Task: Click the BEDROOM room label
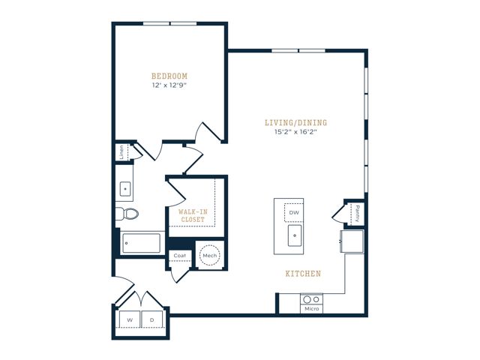(169, 76)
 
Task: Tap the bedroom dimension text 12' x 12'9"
(169, 85)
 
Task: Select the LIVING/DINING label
(295, 123)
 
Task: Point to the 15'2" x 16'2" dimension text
(295, 132)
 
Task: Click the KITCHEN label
(303, 273)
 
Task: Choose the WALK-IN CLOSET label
(193, 215)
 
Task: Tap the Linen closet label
(121, 152)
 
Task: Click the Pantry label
(357, 214)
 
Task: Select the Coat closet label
(180, 255)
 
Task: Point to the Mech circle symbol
(210, 255)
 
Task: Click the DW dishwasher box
(294, 212)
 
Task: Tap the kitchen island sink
(295, 235)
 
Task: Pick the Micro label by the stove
(312, 308)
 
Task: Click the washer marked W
(130, 319)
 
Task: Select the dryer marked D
(151, 319)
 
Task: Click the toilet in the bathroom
(127, 213)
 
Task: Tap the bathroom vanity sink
(125, 189)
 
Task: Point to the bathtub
(141, 243)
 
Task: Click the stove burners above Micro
(311, 299)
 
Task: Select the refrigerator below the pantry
(352, 241)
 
